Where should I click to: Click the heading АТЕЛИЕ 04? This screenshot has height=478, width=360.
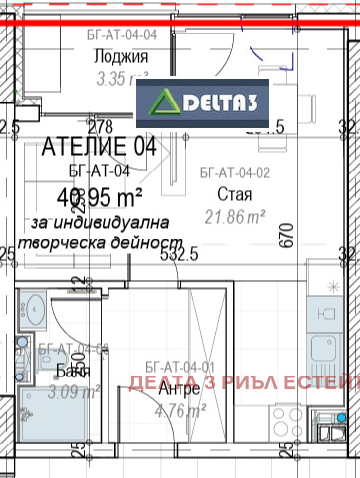100,148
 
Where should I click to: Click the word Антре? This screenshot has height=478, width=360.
179,389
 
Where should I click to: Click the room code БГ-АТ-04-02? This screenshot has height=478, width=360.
234,172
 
